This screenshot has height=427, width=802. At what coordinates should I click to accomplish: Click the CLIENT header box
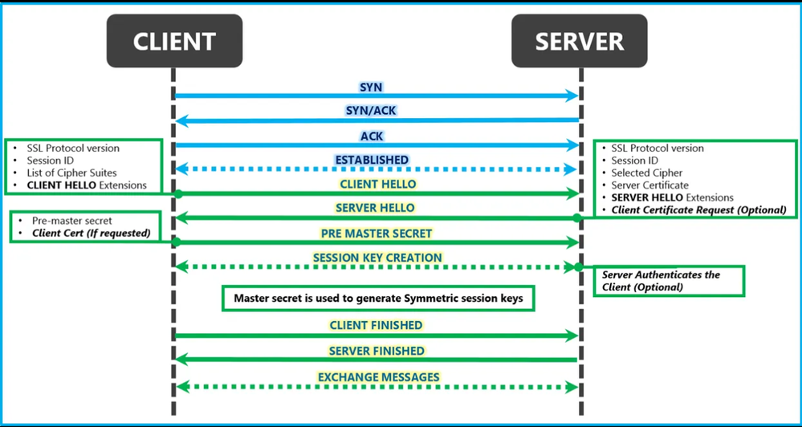[x=174, y=41]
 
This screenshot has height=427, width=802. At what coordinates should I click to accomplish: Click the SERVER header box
[x=579, y=41]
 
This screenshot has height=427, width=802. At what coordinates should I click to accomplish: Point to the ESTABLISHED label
[x=372, y=160]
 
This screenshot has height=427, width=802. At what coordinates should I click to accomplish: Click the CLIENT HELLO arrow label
[x=378, y=184]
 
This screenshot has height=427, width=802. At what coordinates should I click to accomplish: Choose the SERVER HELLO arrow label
[x=375, y=208]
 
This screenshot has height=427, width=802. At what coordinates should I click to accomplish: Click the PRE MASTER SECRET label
[x=377, y=234]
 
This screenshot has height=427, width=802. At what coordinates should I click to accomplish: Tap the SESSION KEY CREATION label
[x=377, y=258]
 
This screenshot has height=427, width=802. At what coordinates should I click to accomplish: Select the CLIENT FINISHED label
[x=376, y=325]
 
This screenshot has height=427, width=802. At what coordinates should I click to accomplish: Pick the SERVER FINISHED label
[x=377, y=352]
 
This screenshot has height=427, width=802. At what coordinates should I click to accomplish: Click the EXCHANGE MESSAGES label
[x=378, y=377]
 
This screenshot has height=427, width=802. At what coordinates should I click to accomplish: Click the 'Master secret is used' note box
[x=378, y=298]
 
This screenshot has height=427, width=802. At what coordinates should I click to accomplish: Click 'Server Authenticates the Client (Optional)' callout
[x=669, y=281]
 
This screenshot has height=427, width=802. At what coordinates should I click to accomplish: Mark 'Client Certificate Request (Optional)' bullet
[x=694, y=209]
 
